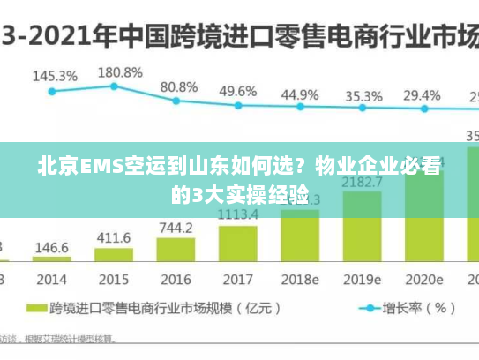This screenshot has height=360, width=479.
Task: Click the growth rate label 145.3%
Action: (x=55, y=76)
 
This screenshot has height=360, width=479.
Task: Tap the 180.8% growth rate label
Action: (x=119, y=71)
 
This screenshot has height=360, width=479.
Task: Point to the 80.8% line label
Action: (x=179, y=87)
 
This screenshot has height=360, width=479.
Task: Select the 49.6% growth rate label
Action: (x=238, y=91)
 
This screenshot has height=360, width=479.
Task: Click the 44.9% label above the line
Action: (x=301, y=94)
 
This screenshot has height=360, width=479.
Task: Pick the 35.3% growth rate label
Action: (x=363, y=95)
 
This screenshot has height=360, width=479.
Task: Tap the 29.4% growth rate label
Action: (x=422, y=95)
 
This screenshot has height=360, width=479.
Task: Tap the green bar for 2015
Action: (x=114, y=256)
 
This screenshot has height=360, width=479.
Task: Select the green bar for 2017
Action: (x=238, y=243)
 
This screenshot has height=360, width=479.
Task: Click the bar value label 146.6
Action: (x=52, y=248)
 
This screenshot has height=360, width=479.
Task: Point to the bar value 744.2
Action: (x=176, y=227)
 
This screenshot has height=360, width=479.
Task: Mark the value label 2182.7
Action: (x=363, y=183)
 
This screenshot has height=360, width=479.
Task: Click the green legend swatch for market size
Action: (x=36, y=309)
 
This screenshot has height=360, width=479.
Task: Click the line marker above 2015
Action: (x=115, y=86)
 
